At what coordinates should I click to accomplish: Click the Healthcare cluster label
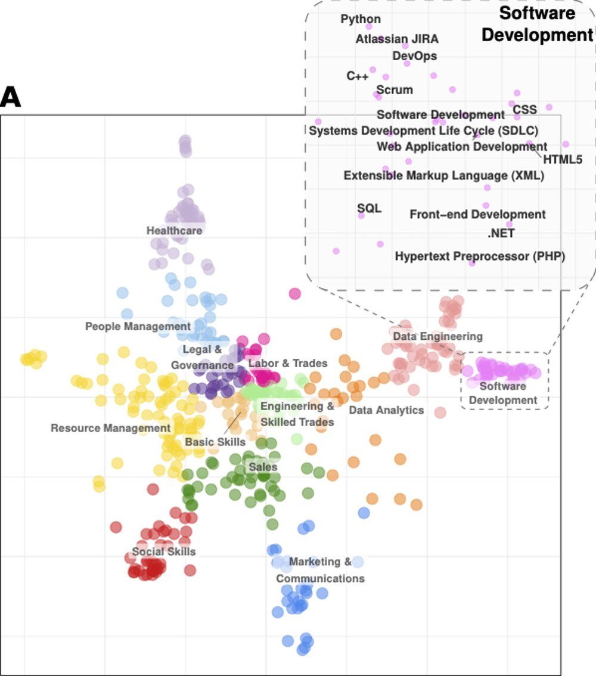[175, 230]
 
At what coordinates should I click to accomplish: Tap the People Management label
[138, 327]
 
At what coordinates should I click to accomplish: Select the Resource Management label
[110, 428]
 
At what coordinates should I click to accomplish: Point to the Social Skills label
[164, 551]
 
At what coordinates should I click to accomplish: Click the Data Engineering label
[437, 337]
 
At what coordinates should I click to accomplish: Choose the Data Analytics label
[386, 410]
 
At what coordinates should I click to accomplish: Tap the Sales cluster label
[263, 466]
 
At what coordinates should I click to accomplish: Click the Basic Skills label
[215, 442]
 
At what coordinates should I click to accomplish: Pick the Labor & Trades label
[288, 363]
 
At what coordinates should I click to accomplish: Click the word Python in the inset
[361, 19]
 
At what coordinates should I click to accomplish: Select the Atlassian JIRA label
[397, 39]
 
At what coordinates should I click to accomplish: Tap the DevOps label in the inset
[415, 56]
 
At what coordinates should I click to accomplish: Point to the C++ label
[358, 76]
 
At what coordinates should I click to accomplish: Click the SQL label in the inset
[369, 208]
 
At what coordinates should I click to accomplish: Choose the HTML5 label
[562, 159]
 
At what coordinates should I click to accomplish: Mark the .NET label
[501, 234]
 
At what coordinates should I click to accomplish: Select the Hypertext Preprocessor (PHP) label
[480, 256]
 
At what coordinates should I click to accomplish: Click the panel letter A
[11, 97]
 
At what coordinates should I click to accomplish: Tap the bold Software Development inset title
[537, 24]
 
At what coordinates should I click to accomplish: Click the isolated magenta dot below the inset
[294, 293]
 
